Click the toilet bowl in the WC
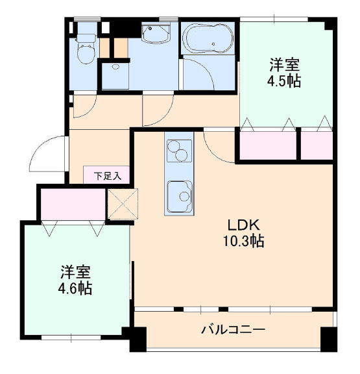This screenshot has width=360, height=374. [x=86, y=54]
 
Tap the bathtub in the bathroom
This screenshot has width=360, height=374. [x=208, y=38]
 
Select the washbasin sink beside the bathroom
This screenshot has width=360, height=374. [x=156, y=33]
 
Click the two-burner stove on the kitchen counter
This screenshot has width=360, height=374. [x=179, y=151]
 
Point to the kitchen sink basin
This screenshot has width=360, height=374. [x=180, y=197]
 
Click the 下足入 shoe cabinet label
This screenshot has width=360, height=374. [x=108, y=176]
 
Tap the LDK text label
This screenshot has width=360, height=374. [x=243, y=225]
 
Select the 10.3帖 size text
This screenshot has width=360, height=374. [x=243, y=241]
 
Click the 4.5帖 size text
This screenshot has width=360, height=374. [x=284, y=81]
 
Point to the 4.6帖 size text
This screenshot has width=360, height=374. [x=75, y=288]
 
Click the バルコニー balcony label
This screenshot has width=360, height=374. [x=233, y=330]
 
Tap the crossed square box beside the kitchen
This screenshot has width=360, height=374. [x=123, y=204]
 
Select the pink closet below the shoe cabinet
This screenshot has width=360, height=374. [x=73, y=204]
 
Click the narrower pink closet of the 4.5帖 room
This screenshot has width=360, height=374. [x=317, y=145]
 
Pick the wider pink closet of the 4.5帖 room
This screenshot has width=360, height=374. [x=268, y=145]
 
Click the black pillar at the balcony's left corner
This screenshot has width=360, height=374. [x=138, y=340]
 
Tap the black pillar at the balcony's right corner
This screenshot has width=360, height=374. [x=329, y=340]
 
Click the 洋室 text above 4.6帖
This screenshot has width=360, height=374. [x=75, y=273]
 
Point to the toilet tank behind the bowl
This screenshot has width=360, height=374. [x=86, y=39]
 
